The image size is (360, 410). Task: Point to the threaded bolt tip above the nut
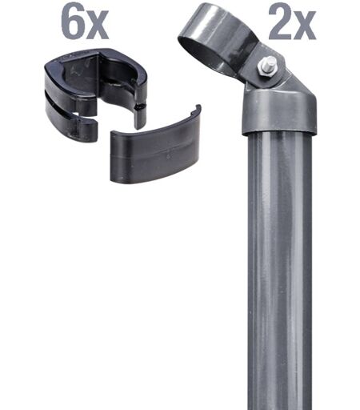tap(270, 62)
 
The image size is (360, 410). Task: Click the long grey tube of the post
tap(279, 271)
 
